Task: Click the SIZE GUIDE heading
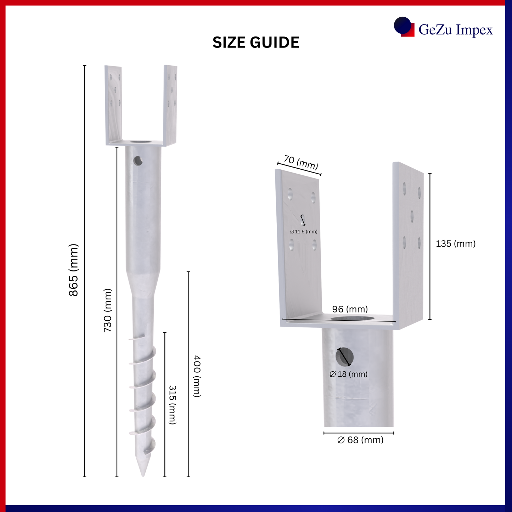click(x=256, y=42)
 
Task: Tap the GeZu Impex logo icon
click(x=404, y=27)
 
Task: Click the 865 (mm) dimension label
click(x=74, y=270)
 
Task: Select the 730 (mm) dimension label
click(x=108, y=310)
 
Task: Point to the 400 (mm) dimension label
click(x=196, y=376)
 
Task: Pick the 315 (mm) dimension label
click(x=173, y=405)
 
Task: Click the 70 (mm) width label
click(x=301, y=162)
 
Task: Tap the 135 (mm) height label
click(x=456, y=244)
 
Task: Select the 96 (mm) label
click(x=350, y=309)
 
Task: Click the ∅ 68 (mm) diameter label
click(x=360, y=440)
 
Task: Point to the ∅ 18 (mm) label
click(x=348, y=374)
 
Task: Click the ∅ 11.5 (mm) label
click(x=304, y=232)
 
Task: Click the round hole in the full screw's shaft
click(x=138, y=161)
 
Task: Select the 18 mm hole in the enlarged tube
click(x=345, y=357)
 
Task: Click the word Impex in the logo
click(x=474, y=30)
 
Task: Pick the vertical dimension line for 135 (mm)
click(x=430, y=246)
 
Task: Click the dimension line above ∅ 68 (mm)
click(x=359, y=433)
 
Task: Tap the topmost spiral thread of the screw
click(x=137, y=338)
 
